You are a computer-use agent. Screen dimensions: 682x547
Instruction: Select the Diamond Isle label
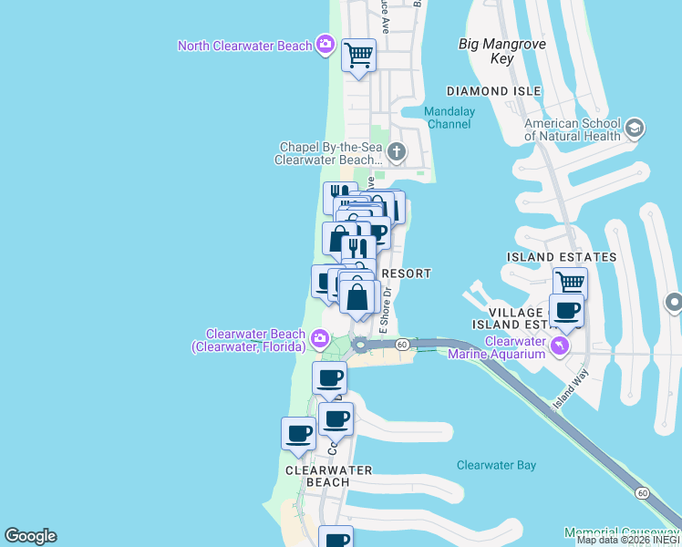click(493, 91)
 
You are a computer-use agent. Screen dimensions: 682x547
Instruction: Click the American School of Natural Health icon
click(635, 129)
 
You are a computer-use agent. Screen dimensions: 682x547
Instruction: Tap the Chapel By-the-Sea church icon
click(396, 151)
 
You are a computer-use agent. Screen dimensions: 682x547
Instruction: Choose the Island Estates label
click(562, 257)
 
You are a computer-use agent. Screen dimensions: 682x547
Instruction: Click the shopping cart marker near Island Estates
click(570, 283)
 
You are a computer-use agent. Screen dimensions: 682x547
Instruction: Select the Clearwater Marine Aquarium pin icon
click(561, 346)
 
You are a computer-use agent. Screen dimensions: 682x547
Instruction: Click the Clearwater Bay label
click(496, 465)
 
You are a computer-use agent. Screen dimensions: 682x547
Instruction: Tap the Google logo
click(30, 536)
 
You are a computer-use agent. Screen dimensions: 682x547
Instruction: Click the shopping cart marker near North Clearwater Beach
click(359, 56)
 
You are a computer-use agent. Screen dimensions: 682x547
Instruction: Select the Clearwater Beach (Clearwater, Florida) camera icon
click(319, 340)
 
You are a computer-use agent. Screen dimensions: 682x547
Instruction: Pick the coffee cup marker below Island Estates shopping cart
click(567, 309)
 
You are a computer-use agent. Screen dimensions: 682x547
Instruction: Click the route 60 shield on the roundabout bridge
click(401, 344)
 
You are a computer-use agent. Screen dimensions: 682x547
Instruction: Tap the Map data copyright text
click(628, 540)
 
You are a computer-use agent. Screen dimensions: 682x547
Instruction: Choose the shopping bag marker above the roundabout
click(360, 298)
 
